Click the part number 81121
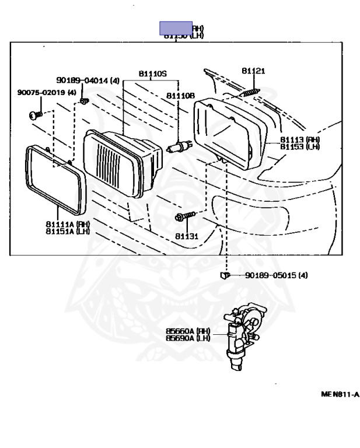pos(253,71)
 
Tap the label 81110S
pos(153,74)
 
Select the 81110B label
pos(180,96)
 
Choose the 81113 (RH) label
pos(300,139)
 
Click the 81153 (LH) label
pos(300,146)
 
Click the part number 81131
pos(187,237)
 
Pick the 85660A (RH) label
pos(188,331)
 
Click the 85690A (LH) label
pos(188,338)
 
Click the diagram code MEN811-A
pos(340,394)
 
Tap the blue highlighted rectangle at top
pos(176,28)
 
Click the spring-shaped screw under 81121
pos(250,92)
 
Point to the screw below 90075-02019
pos(34,114)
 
